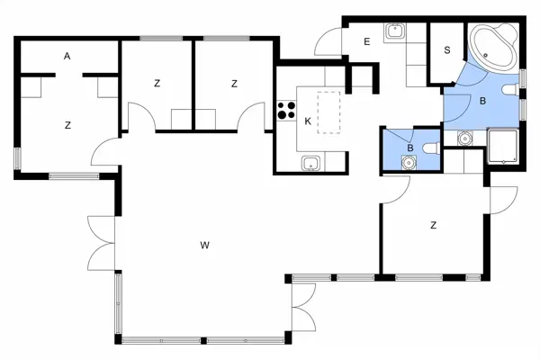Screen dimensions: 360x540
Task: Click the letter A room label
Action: [67, 56]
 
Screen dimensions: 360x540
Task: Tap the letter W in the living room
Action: [205, 244]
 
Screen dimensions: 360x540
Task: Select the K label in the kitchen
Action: [308, 121]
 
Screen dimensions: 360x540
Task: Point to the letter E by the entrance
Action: [367, 41]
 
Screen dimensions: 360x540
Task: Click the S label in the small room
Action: [447, 50]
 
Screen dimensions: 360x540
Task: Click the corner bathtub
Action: [493, 48]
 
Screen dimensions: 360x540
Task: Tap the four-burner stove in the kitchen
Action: [287, 112]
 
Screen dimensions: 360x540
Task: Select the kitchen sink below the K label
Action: [310, 163]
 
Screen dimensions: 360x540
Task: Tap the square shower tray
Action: [504, 147]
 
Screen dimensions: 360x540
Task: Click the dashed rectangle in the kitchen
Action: [329, 111]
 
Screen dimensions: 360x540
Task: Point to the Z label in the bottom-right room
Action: [434, 225]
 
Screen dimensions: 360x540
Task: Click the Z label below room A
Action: [67, 125]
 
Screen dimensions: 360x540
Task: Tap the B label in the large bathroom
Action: [482, 101]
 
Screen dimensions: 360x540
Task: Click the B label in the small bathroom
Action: [410, 148]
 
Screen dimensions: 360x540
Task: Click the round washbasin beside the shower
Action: [465, 139]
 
